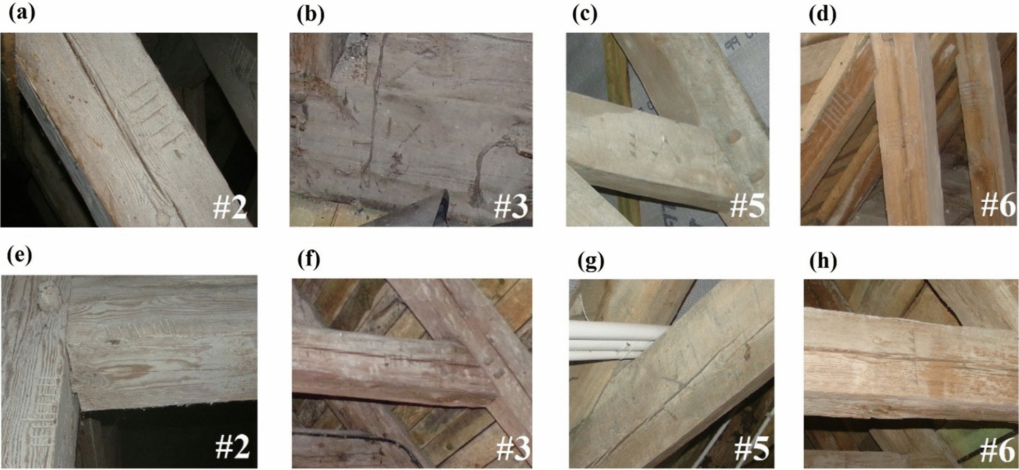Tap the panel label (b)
pos(311,15)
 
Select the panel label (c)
pos(584,15)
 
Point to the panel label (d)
pos(822,15)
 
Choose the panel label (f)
pos(308,258)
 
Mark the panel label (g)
pos(591,262)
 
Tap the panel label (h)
pos(823,262)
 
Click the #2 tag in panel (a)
pos(229,207)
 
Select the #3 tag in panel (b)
pos(510,206)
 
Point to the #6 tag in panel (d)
pos(997,205)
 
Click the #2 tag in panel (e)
pos(232,447)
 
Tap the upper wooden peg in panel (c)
pos(733,137)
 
